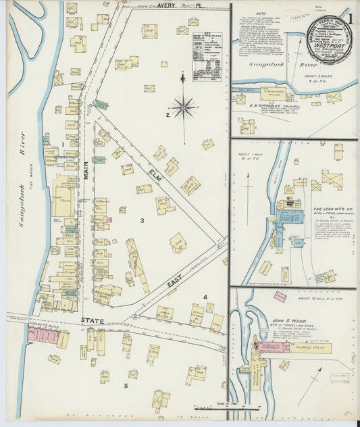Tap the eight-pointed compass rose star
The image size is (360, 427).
[x=183, y=106]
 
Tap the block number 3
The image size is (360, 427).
[x=142, y=220]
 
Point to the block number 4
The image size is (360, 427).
[x=205, y=297]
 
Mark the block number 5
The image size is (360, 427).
[x=125, y=385]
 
